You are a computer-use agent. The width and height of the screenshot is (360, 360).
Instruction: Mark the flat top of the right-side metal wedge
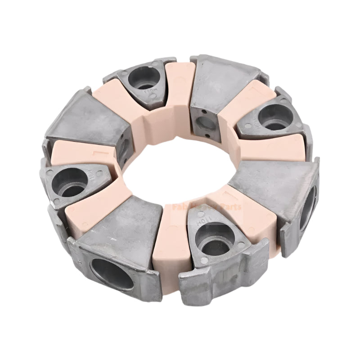[274, 180]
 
